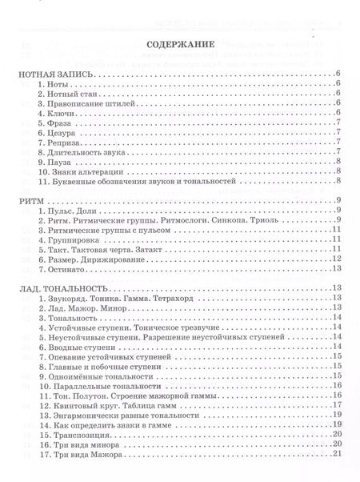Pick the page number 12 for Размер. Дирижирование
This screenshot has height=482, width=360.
point(338,259)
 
